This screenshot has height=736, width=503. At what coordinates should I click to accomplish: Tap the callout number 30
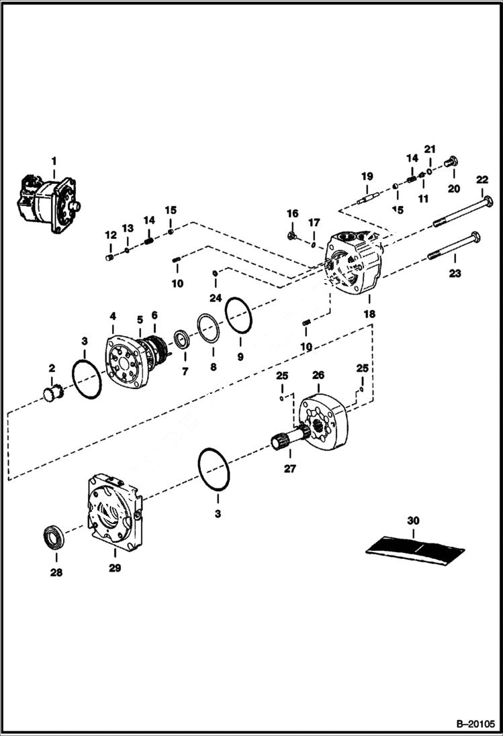click(x=412, y=520)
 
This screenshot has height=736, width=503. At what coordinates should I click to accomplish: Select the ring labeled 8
click(x=210, y=329)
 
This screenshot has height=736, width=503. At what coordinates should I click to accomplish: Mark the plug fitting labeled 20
click(x=451, y=161)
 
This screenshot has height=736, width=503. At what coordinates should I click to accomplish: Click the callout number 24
click(x=214, y=298)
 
